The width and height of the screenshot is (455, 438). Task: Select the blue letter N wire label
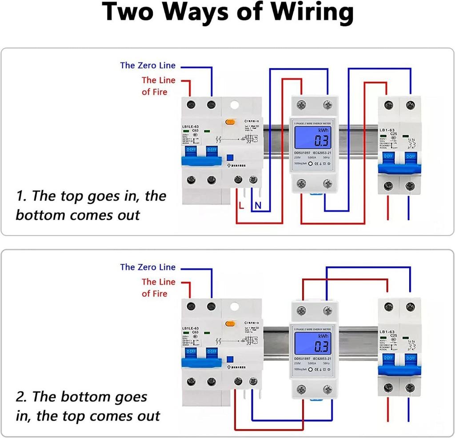coord(257,205)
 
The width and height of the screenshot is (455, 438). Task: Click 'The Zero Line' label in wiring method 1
coord(148,65)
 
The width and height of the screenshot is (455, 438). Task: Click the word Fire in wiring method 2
coord(160,293)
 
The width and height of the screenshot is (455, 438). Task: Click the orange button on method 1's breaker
coord(231,121)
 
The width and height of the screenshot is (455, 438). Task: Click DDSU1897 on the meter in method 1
coord(303,153)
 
